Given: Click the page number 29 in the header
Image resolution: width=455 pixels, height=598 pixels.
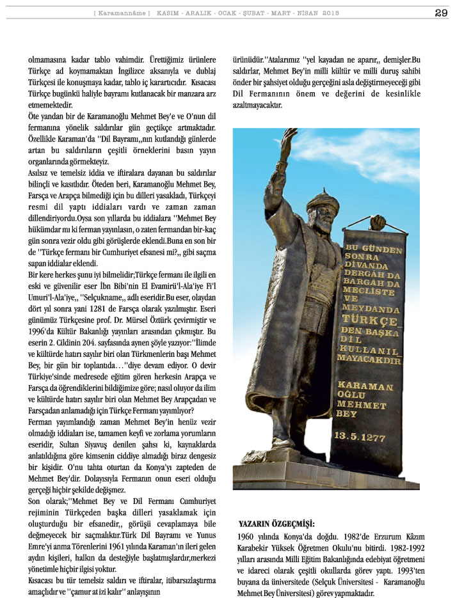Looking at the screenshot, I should (441, 13).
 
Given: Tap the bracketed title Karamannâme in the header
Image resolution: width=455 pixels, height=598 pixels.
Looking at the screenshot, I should (122, 13).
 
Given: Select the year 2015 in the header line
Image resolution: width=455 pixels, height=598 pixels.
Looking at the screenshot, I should (331, 13).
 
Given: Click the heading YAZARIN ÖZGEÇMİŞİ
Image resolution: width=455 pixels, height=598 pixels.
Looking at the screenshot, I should (272, 523).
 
